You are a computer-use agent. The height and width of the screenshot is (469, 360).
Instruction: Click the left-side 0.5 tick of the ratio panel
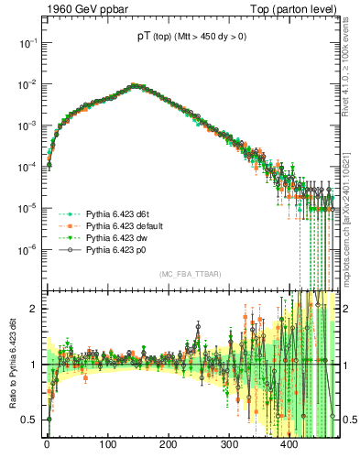(x=29, y=420)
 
